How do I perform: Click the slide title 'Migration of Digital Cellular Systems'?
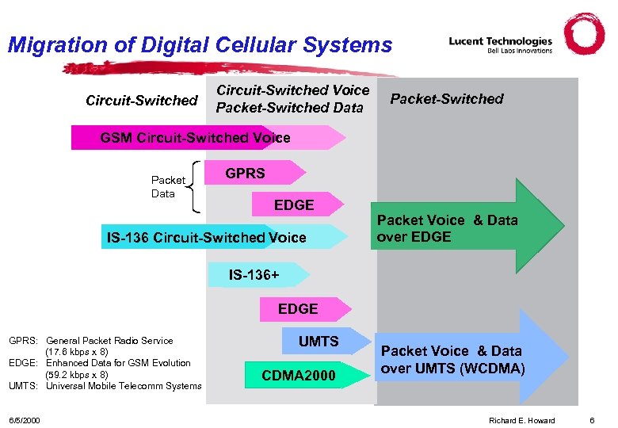coord(200,44)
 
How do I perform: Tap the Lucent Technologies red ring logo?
coord(585,34)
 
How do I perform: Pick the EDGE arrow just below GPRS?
coord(295,204)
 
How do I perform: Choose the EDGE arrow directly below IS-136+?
coord(299,308)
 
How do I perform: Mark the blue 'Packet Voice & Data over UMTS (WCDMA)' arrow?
coord(467,359)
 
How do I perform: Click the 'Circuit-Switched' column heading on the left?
coord(141,100)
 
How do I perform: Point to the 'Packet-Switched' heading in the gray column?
coord(447,99)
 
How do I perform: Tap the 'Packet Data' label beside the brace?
coord(167,187)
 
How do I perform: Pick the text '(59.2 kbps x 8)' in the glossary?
coord(77,374)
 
